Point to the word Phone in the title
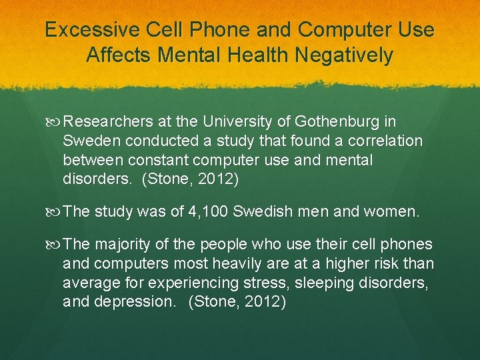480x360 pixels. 215,31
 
